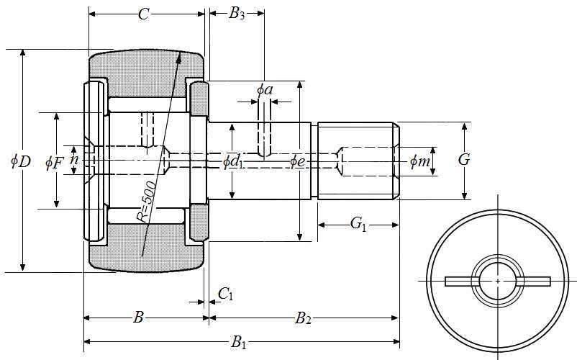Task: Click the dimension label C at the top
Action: pos(143,14)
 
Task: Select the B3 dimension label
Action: pos(237,14)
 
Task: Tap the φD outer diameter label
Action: pos(21,161)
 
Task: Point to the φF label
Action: pos(54,162)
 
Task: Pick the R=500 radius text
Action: pos(147,202)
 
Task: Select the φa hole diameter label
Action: pos(265,89)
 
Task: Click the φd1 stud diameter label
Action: pos(233,161)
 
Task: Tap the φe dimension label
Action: pos(297,161)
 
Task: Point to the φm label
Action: pos(419,161)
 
